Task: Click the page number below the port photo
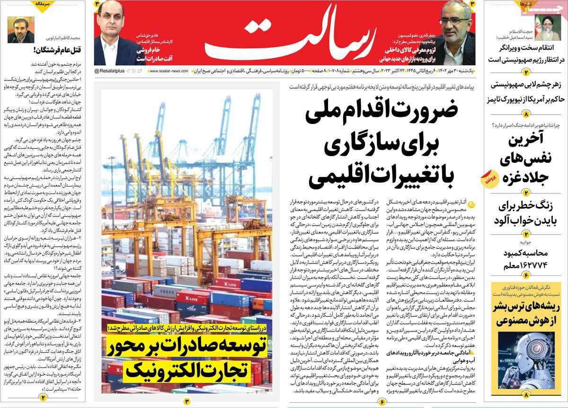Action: pos(186,401)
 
